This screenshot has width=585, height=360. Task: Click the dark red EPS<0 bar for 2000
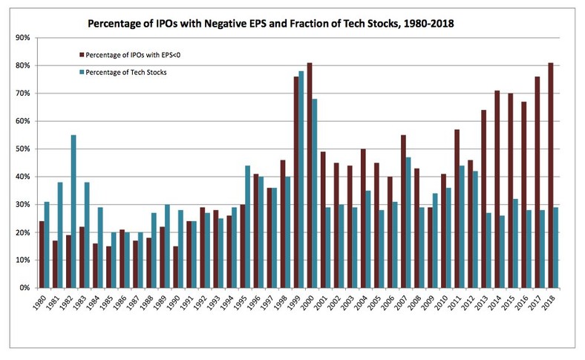point(310,175)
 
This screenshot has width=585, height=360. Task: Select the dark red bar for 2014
point(496,189)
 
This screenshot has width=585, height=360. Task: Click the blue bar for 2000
point(315,193)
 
